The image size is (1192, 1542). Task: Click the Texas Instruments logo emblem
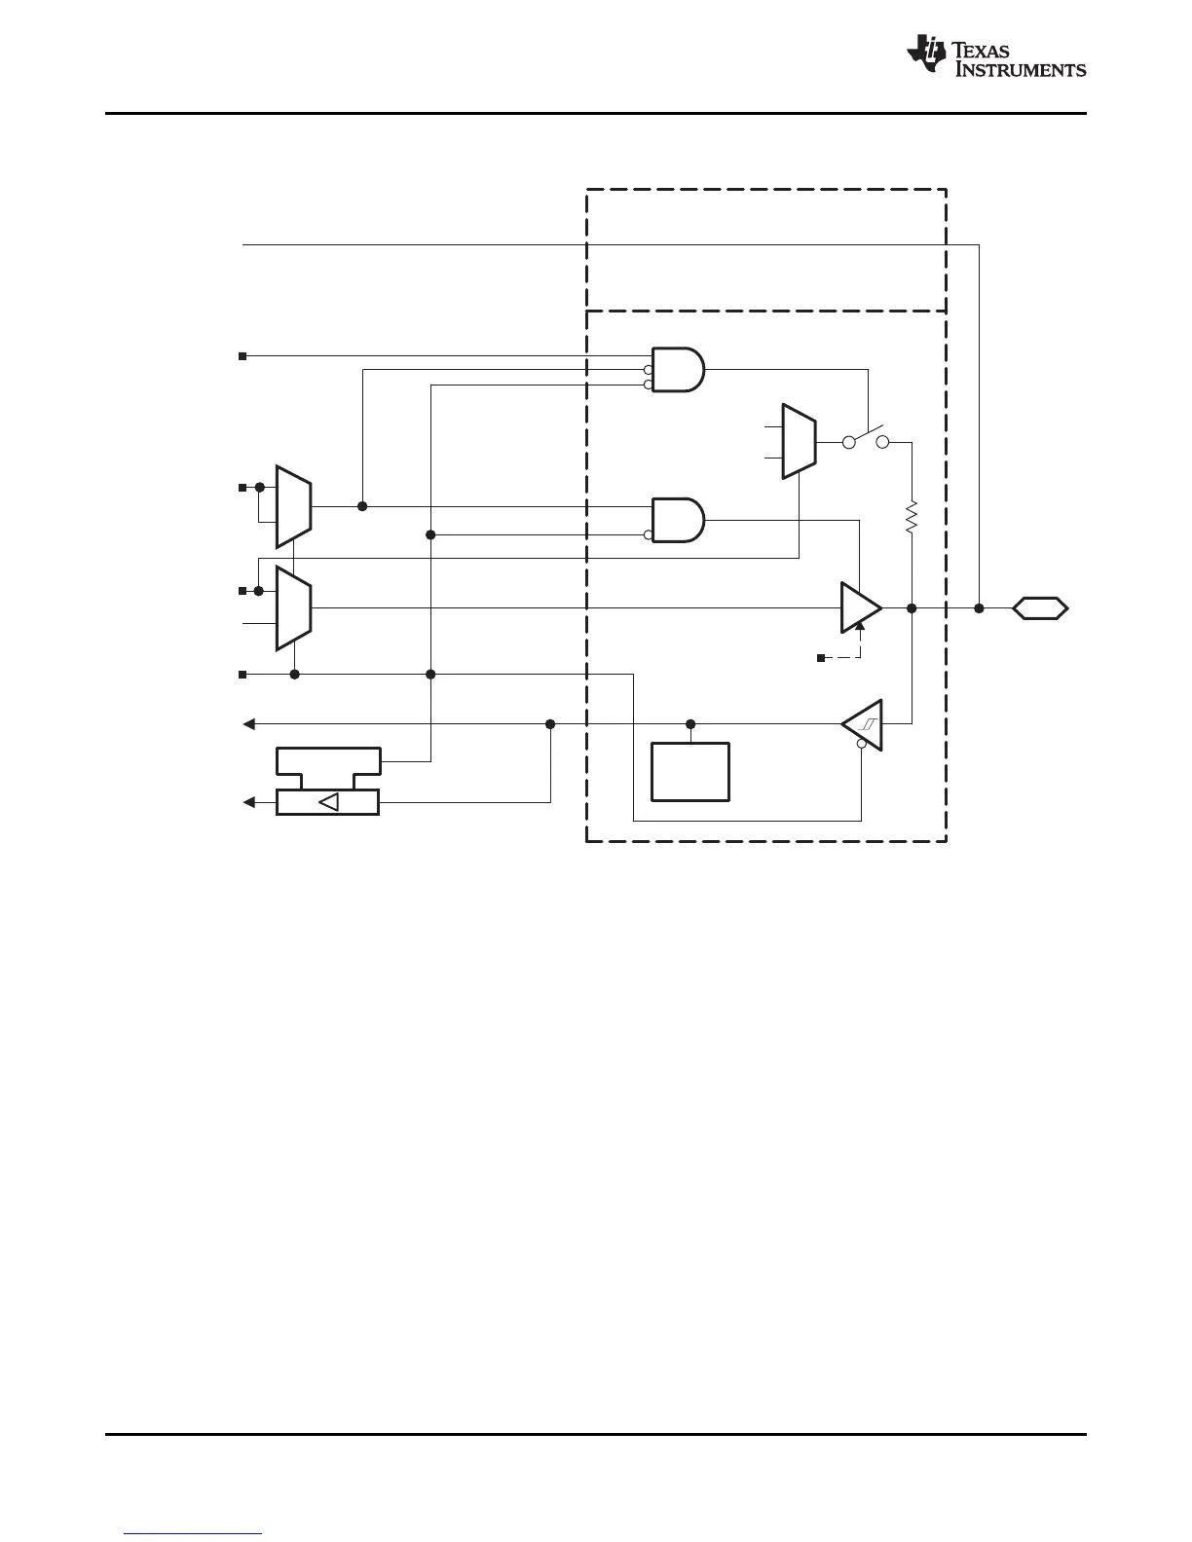[925, 55]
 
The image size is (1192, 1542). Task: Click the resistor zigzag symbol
[912, 517]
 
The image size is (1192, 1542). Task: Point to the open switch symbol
[866, 437]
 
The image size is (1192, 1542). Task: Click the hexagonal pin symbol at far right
[1040, 608]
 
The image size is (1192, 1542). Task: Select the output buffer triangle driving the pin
[860, 608]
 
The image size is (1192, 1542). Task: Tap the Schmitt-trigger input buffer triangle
[864, 724]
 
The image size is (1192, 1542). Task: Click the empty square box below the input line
[690, 771]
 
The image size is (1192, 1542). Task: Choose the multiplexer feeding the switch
[800, 441]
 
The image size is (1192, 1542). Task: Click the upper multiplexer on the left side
[293, 506]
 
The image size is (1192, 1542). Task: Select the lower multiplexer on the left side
[293, 608]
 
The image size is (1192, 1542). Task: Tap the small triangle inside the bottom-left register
[329, 802]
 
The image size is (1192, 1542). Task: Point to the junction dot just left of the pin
[979, 608]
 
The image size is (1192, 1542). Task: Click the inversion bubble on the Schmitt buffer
[861, 745]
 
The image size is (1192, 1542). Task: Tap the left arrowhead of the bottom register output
[249, 802]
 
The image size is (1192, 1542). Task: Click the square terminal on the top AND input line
[242, 356]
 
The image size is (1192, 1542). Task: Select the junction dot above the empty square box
[690, 724]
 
